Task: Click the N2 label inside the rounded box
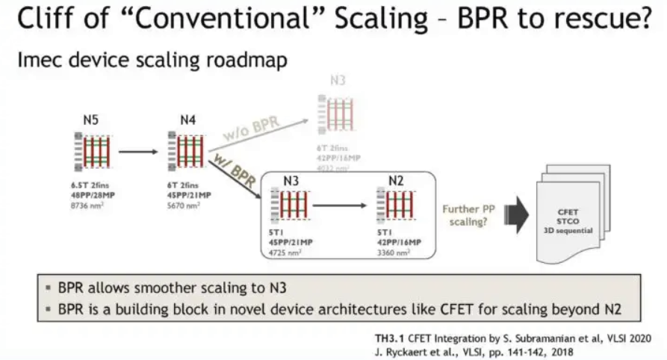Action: point(397,180)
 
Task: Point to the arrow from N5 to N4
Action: point(138,152)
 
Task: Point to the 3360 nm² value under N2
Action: point(394,252)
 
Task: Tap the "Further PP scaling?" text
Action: point(469,216)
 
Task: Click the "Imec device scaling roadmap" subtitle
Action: point(152,60)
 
